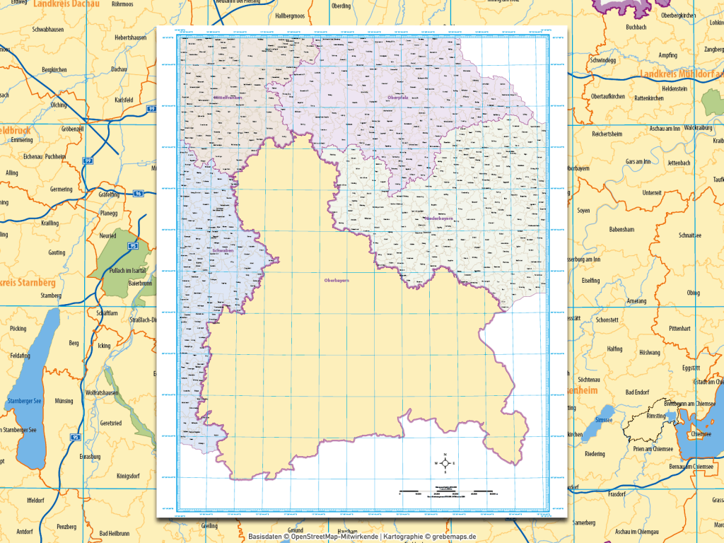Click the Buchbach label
click(617, 27)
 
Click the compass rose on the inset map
click(445, 464)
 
